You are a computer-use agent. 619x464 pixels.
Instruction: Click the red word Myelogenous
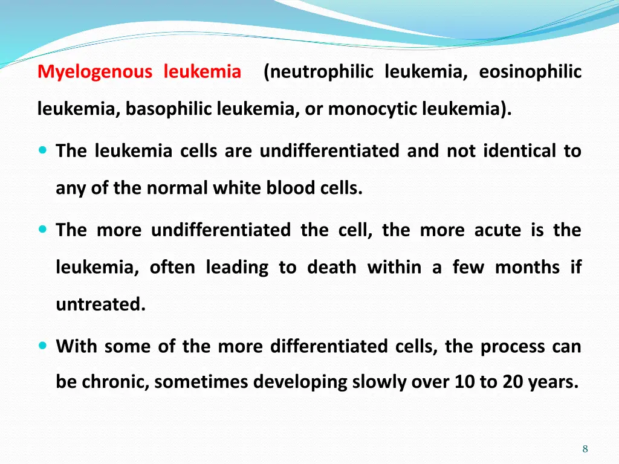[95, 72]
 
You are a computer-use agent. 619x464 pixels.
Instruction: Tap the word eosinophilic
[530, 72]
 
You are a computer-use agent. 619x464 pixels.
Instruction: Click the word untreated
[100, 304]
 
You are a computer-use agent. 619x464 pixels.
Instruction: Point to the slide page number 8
[585, 448]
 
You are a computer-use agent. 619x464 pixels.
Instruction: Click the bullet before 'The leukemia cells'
[43, 150]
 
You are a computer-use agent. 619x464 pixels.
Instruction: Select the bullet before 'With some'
[43, 346]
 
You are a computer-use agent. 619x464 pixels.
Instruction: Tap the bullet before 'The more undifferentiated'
[43, 230]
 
